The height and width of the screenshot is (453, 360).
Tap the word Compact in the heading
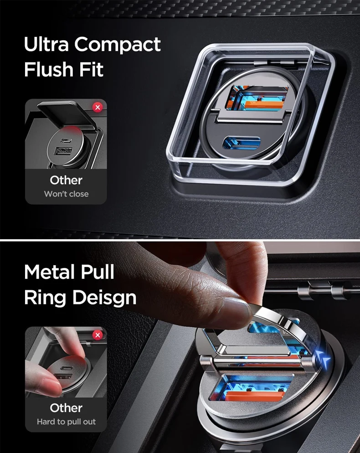tap(117, 45)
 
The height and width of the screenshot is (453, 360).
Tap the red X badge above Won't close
tap(98, 108)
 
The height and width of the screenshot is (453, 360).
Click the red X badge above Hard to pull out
tap(98, 335)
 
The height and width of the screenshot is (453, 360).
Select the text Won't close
tap(66, 194)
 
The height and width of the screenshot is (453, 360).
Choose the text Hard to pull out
tap(66, 422)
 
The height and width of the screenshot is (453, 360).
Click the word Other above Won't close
tap(66, 180)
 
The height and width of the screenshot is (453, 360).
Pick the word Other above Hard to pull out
tap(66, 408)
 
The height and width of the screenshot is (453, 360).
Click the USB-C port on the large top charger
tap(242, 143)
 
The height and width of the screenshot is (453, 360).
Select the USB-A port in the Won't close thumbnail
tap(63, 150)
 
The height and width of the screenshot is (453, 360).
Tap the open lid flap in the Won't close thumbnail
tap(67, 114)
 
